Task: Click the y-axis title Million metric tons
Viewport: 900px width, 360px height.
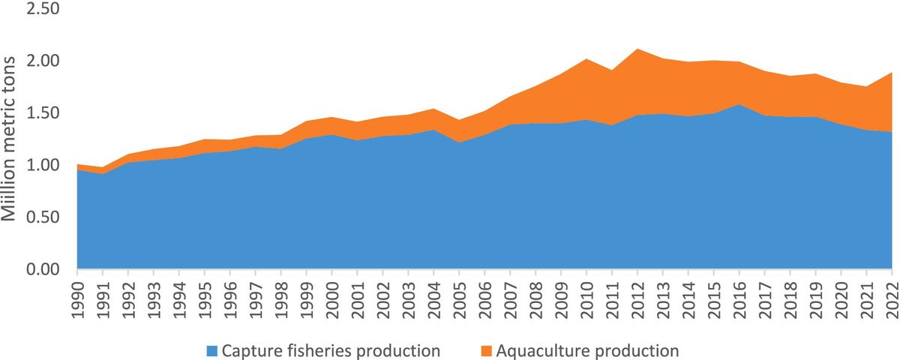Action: [10, 139]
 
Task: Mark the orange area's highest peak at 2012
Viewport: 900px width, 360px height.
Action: [637, 49]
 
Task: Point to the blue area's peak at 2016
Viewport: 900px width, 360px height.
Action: [739, 104]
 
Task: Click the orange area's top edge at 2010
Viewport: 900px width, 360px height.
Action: [586, 58]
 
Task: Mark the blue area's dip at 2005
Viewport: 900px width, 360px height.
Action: [458, 142]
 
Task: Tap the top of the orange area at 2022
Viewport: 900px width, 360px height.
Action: [890, 73]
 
